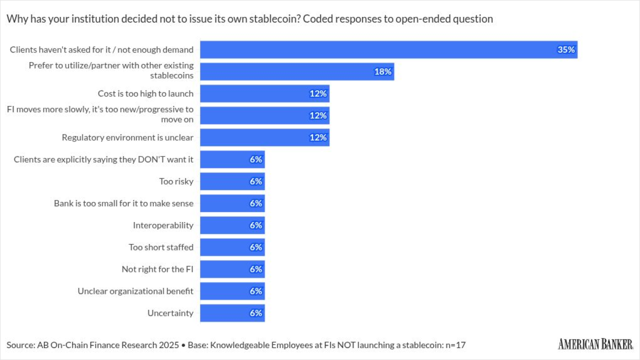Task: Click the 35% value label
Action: (566, 49)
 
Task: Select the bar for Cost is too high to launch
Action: (264, 93)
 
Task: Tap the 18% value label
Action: (383, 71)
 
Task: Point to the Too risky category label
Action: (176, 181)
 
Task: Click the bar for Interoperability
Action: (232, 225)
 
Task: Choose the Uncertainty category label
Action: (170, 313)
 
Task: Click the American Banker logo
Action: (595, 344)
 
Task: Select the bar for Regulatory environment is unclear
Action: (264, 137)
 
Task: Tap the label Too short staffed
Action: (161, 247)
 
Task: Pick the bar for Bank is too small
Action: (232, 203)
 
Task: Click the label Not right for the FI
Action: (157, 269)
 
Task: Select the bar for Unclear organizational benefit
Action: (232, 291)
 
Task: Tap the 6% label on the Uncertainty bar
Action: (255, 313)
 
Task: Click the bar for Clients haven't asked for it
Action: (388, 49)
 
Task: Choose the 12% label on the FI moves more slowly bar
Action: (318, 115)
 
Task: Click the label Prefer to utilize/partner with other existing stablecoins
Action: (111, 70)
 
